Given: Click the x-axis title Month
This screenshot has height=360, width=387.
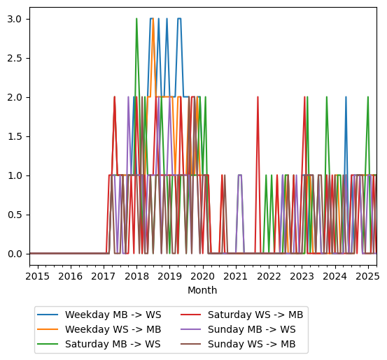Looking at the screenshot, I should click(203, 290).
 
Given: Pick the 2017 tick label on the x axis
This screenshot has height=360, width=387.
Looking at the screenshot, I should click(104, 276).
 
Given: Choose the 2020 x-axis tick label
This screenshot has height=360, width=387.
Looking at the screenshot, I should click(203, 276).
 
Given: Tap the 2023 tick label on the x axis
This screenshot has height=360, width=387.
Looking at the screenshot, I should click(302, 276).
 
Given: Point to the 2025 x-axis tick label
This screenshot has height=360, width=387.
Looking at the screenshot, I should click(367, 276).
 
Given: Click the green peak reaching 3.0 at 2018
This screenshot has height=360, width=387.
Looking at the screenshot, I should click(136, 20).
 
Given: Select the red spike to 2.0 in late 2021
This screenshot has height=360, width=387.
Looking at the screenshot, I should click(258, 98).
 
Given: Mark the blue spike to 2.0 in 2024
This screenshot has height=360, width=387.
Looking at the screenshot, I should click(346, 98).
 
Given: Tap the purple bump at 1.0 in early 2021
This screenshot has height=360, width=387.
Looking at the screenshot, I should click(239, 175).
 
